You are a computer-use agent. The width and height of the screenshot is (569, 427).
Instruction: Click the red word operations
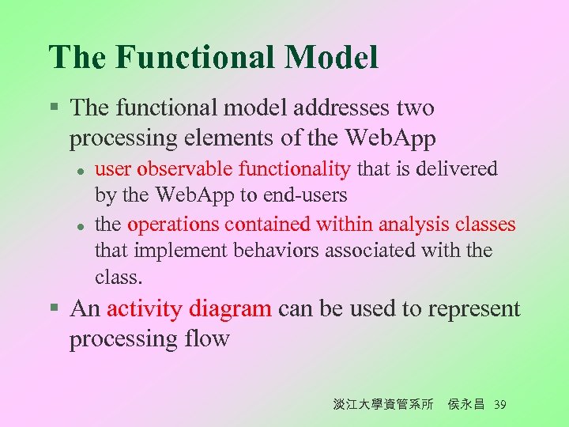pyautogui.click(x=173, y=225)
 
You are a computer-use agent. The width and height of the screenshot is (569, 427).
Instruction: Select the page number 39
pyautogui.click(x=499, y=405)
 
